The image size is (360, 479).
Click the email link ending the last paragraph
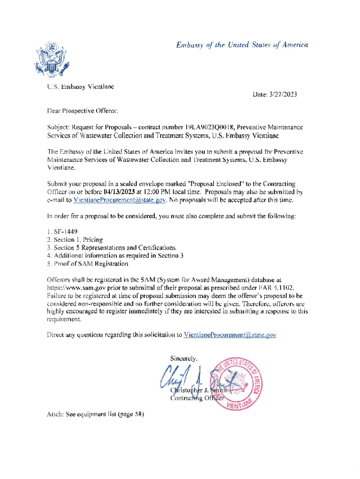point(230,335)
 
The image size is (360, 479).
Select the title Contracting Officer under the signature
point(197,398)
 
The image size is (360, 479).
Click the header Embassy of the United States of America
point(242,45)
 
